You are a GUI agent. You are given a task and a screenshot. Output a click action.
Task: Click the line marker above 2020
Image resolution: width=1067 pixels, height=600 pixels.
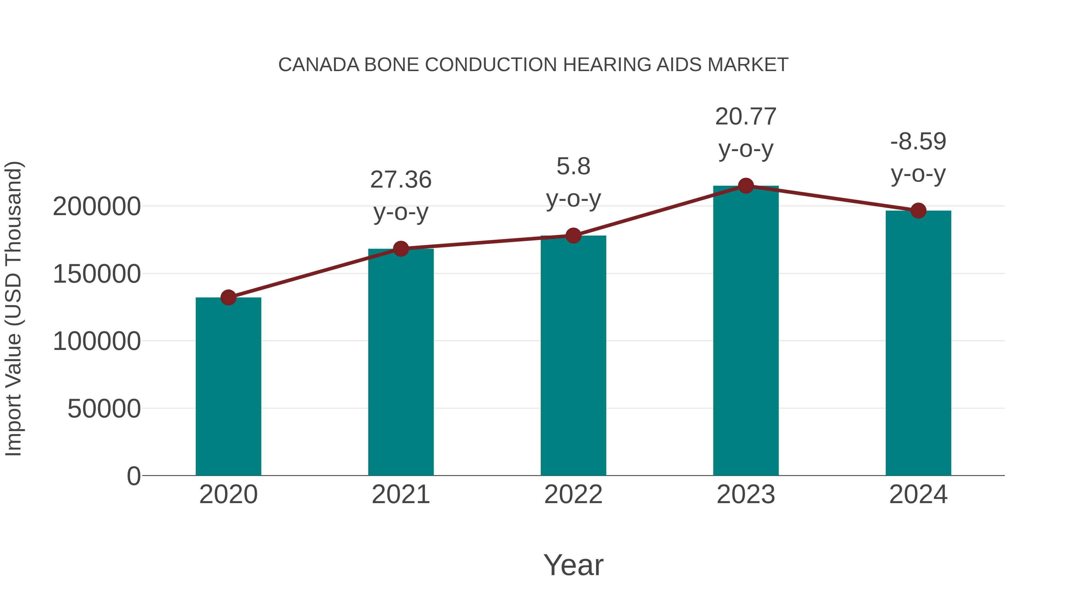(x=228, y=297)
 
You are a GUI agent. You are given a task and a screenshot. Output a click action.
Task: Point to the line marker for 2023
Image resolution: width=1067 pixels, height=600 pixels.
(x=746, y=186)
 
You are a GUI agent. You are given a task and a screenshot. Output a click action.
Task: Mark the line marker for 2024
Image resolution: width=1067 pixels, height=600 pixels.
(x=918, y=211)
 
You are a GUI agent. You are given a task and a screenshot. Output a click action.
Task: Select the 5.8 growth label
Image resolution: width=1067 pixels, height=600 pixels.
(x=573, y=167)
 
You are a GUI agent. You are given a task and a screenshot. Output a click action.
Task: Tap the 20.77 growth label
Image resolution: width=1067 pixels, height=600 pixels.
(x=746, y=117)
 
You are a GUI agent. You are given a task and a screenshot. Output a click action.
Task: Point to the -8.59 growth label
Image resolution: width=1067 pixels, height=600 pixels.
(x=918, y=142)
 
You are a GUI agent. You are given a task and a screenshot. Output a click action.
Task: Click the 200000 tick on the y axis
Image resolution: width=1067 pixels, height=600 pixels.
(x=97, y=207)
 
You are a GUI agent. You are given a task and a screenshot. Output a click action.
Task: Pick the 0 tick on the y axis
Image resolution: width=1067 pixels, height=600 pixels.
(x=134, y=476)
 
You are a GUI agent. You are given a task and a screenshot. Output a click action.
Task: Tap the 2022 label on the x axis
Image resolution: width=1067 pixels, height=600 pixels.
(x=573, y=495)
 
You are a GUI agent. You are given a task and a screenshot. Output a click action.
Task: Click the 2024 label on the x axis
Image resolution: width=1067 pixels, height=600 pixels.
(x=918, y=495)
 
